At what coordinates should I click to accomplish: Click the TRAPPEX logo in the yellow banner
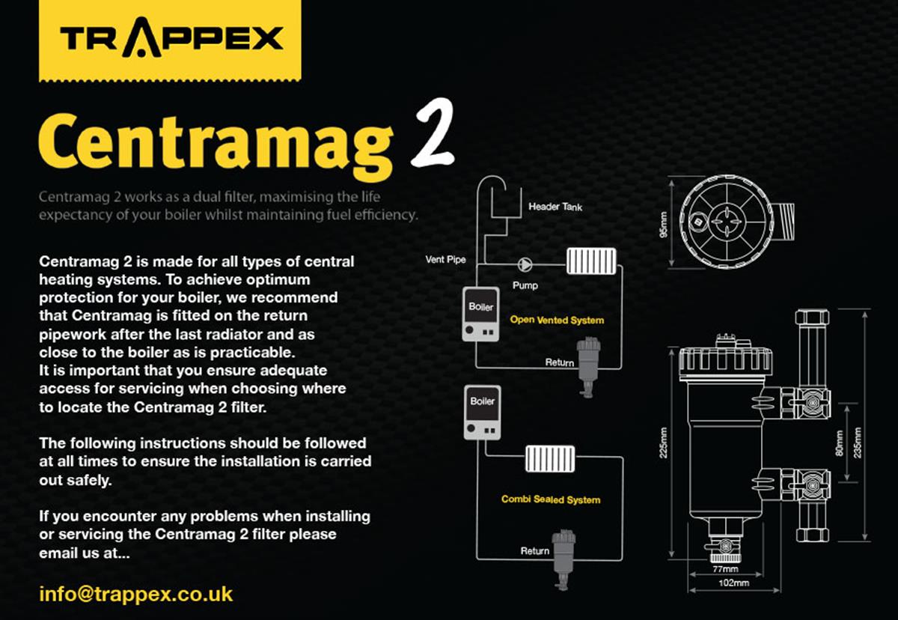coord(171,39)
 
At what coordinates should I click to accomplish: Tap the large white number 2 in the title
coord(433,133)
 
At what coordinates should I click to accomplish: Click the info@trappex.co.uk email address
coord(136,595)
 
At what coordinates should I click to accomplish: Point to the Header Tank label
coord(555,207)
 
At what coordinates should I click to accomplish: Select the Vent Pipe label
coord(445,260)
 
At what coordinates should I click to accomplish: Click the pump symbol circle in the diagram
coord(525,264)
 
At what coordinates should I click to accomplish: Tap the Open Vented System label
coord(557,320)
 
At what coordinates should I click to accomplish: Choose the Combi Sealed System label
coord(551,499)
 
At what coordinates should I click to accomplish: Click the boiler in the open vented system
coord(480,314)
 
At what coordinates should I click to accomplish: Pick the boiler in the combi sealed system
coord(482,413)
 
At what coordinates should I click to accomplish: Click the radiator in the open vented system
coord(591,261)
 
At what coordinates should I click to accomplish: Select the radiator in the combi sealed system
coord(549,459)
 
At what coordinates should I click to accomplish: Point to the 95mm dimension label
coord(664,224)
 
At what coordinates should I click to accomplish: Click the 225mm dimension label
coord(664,443)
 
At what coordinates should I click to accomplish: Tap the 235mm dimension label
coord(858,443)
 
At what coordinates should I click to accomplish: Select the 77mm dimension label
coord(725,569)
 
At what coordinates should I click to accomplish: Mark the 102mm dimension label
coord(733,583)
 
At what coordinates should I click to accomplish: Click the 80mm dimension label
coord(839,443)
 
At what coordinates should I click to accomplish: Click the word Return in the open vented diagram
coord(560,362)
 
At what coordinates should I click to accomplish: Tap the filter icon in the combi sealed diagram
coord(563,559)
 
